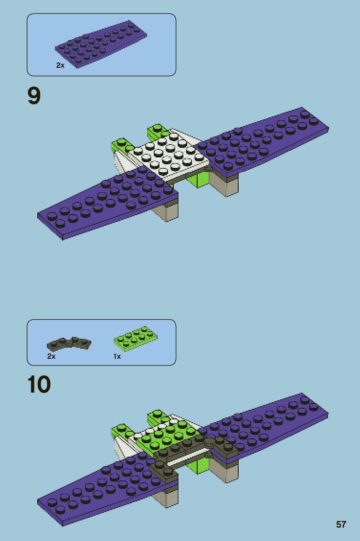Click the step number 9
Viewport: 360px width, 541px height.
tap(34, 96)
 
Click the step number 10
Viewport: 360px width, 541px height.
tap(39, 385)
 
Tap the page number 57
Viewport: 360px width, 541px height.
tap(341, 524)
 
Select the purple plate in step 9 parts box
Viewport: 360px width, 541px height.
tap(100, 44)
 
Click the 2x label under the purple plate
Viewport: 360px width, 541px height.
tap(60, 65)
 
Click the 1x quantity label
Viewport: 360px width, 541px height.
tap(117, 356)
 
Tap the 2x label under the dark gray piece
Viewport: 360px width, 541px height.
tap(51, 356)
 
